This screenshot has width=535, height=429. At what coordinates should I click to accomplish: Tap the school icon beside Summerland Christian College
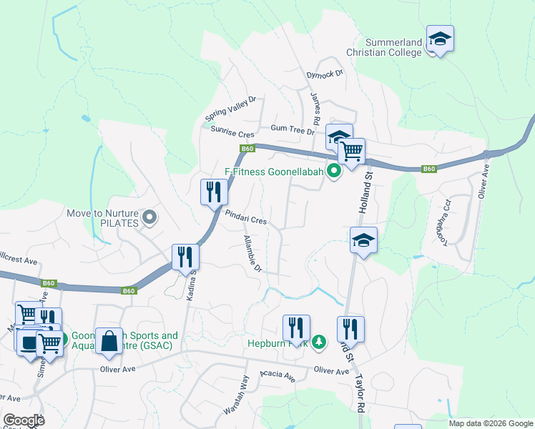pyautogui.click(x=440, y=39)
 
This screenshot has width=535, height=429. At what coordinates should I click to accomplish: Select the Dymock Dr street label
pyautogui.click(x=325, y=74)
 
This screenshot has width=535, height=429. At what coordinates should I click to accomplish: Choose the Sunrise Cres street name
pyautogui.click(x=232, y=132)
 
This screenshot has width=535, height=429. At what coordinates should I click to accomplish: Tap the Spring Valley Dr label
pyautogui.click(x=230, y=109)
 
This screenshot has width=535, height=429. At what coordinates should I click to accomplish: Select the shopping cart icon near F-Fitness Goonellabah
pyautogui.click(x=351, y=151)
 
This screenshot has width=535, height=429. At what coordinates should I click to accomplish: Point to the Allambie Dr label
pyautogui.click(x=252, y=254)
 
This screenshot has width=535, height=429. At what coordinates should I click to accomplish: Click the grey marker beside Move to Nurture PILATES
pyautogui.click(x=149, y=217)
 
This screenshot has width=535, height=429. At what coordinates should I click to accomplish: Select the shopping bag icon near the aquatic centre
pyautogui.click(x=109, y=342)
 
